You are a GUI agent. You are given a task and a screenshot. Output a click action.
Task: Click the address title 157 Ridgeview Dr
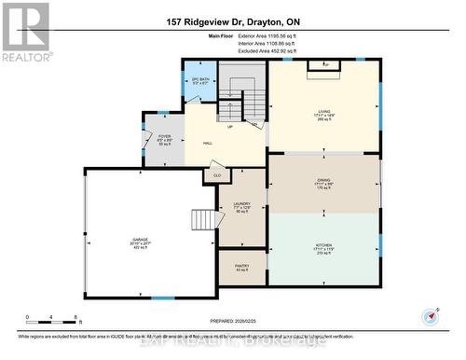point(232,22)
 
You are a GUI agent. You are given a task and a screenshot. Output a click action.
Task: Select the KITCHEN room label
point(323,247)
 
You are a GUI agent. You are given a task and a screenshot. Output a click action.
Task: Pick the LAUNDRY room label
point(242,207)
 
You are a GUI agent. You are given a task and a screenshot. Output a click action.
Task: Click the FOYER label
point(164,138)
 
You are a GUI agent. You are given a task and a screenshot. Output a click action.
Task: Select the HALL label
point(209,144)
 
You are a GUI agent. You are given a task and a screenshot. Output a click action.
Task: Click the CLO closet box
point(217,175)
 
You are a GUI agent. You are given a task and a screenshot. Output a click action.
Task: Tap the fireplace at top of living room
point(324,64)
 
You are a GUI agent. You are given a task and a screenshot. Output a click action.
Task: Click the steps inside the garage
point(205,220)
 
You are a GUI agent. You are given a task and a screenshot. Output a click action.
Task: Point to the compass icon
point(429,318)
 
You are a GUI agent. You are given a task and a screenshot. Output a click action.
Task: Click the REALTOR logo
point(25,32)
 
